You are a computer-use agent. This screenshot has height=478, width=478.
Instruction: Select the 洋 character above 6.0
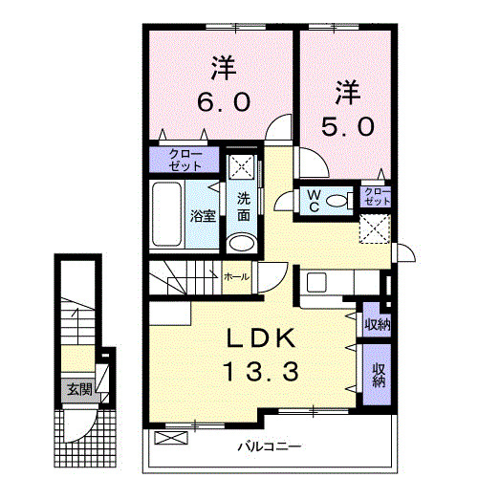point(224,68)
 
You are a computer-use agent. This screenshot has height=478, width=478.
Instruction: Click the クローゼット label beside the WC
point(378,197)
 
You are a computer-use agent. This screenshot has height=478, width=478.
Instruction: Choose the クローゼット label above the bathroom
point(185,159)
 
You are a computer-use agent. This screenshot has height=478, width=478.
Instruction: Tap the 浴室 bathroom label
point(202,215)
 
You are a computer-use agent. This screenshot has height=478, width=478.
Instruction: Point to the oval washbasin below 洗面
point(244,241)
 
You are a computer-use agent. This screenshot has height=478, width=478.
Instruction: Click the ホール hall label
point(236,276)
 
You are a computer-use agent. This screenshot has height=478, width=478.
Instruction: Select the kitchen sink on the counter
point(315,282)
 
